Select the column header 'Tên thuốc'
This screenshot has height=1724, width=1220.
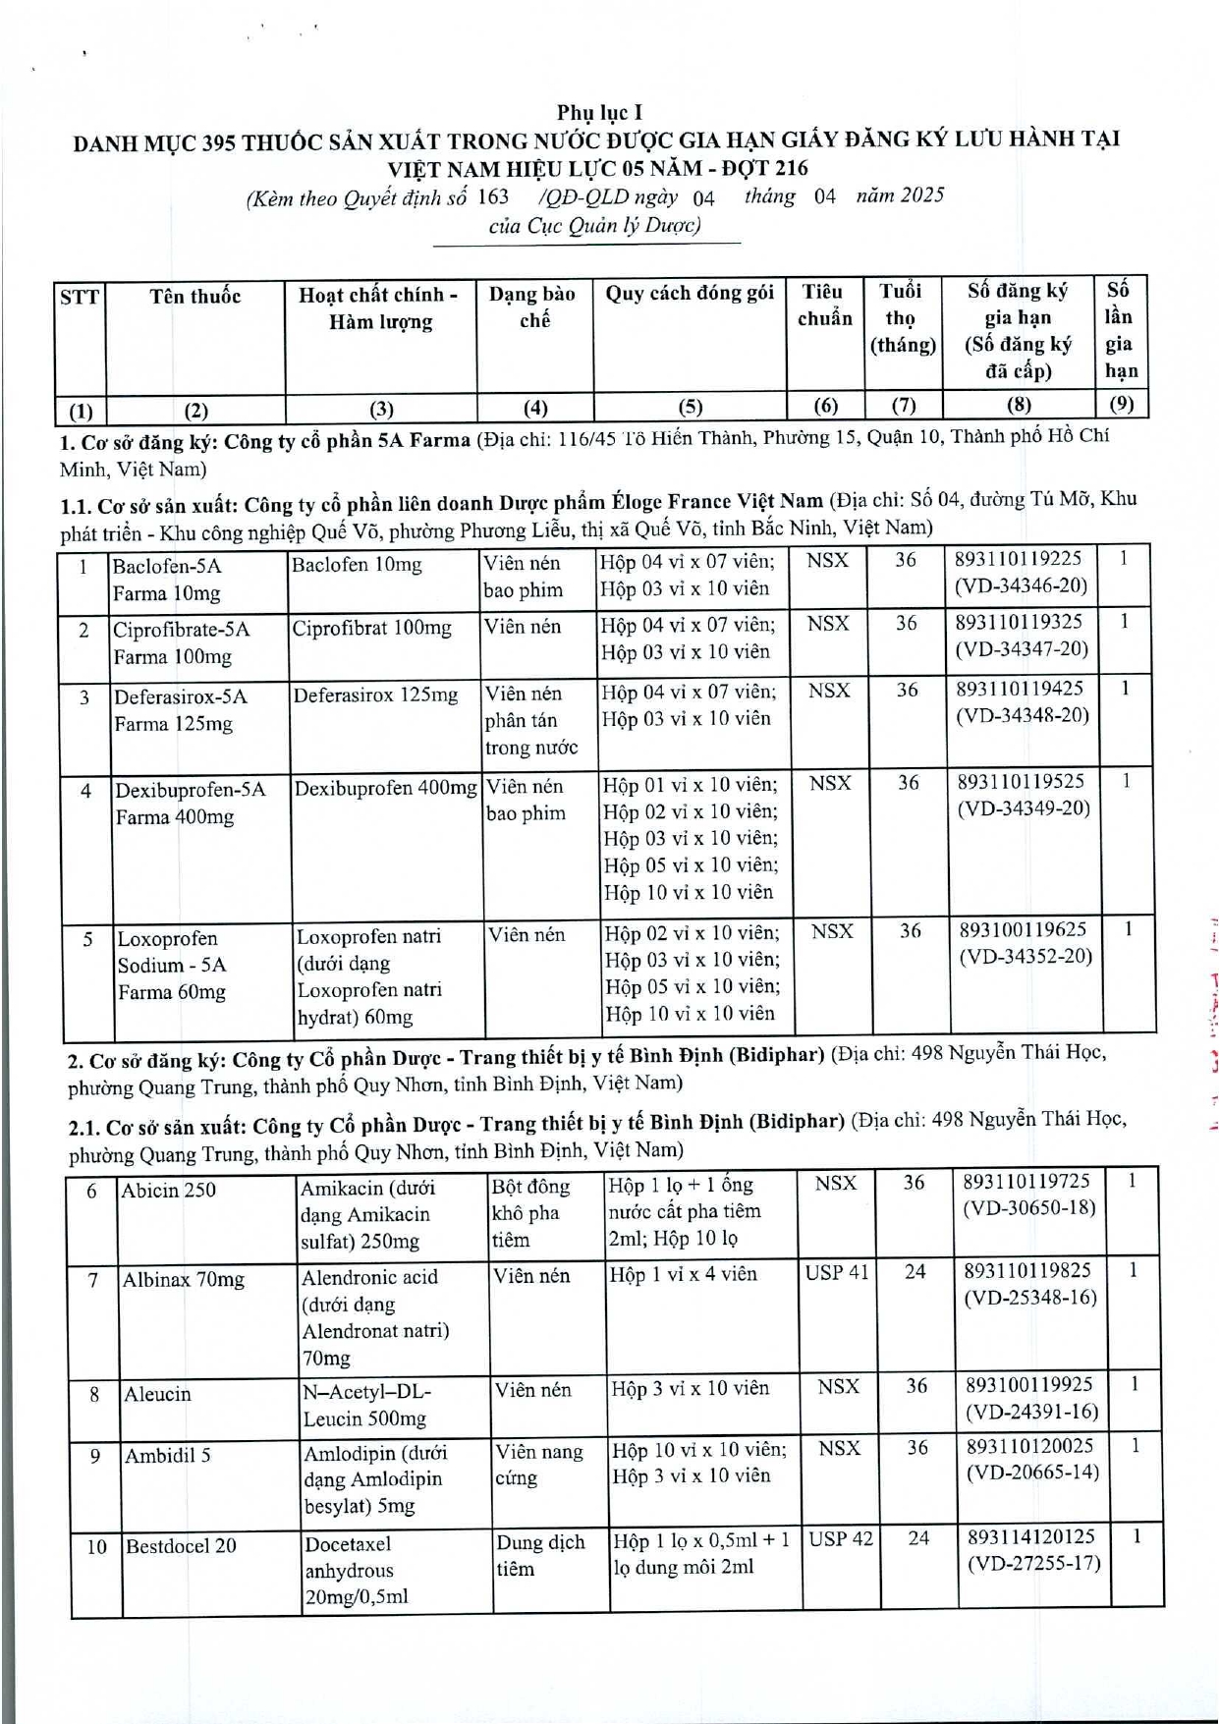click(x=194, y=296)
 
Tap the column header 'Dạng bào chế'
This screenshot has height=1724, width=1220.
click(x=532, y=306)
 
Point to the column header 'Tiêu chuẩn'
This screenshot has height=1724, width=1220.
click(x=824, y=305)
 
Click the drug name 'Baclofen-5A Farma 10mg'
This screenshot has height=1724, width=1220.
click(x=167, y=580)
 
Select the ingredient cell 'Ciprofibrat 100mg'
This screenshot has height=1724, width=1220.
click(x=372, y=628)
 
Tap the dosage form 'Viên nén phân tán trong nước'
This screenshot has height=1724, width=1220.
click(x=531, y=720)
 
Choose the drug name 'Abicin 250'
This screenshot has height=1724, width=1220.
click(x=168, y=1191)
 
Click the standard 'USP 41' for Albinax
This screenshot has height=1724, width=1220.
click(x=837, y=1273)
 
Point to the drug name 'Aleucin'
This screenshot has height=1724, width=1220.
click(x=157, y=1394)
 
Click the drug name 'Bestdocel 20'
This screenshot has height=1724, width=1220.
click(x=181, y=1545)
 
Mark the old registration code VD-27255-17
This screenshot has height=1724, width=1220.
click(x=1033, y=1563)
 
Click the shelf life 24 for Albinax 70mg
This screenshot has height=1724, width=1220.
click(x=915, y=1272)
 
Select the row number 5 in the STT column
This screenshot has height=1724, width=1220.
click(x=87, y=939)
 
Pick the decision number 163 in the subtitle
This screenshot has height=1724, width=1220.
click(x=493, y=195)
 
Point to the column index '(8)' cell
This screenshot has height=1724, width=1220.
click(x=1019, y=404)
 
